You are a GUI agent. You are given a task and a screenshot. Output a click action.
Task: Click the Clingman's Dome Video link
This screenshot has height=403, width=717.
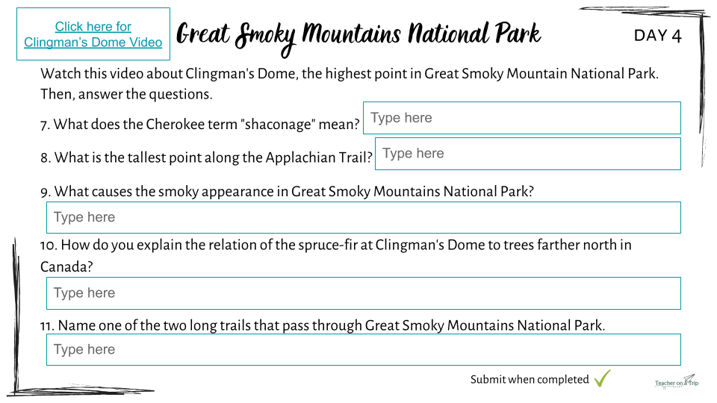click(x=93, y=34)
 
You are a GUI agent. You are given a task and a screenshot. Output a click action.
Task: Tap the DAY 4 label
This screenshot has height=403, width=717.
click(x=657, y=36)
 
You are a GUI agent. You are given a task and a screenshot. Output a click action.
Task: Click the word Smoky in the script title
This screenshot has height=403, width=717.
click(x=265, y=37)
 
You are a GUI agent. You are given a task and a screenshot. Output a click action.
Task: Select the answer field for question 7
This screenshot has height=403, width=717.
click(x=522, y=118)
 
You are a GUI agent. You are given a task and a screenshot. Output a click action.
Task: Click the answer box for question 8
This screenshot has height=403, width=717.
click(x=528, y=154)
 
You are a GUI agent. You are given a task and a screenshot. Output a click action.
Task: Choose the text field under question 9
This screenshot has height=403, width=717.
click(x=364, y=217)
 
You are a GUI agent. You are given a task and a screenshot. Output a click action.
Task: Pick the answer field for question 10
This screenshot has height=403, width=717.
click(x=364, y=293)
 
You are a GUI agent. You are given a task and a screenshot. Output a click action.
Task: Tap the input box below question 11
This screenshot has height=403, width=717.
click(x=364, y=349)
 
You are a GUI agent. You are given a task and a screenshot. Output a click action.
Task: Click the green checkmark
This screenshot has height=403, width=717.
click(x=602, y=378)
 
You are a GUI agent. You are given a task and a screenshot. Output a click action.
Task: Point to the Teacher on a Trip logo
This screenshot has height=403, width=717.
click(x=677, y=381)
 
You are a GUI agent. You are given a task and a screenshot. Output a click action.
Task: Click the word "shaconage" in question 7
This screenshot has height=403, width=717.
click(x=278, y=125)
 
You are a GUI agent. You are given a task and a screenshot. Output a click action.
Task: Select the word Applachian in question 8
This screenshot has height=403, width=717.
click(x=300, y=157)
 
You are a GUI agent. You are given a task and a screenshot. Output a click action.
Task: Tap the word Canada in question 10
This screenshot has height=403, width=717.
click(x=66, y=266)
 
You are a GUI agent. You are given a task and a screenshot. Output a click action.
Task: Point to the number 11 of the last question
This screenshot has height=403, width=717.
click(x=47, y=326)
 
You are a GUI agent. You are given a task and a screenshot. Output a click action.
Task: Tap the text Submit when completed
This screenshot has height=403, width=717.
click(x=530, y=380)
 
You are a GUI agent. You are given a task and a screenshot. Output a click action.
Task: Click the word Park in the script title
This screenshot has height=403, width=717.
click(x=518, y=34)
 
